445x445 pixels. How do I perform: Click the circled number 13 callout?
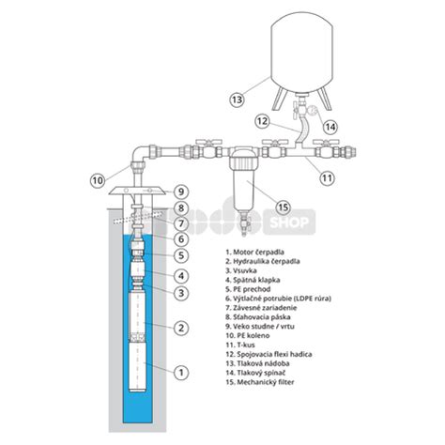(237, 100)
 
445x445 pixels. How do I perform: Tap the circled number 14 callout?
(330, 127)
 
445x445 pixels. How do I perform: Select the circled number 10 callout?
(98, 180)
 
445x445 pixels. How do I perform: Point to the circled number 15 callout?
(284, 207)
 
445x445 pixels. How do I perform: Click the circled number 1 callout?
(181, 373)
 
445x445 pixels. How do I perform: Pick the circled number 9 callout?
(181, 192)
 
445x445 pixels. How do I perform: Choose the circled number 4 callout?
(181, 276)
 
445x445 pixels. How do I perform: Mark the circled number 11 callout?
(327, 177)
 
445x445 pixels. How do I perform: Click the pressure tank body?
(301, 53)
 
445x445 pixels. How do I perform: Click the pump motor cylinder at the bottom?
(138, 367)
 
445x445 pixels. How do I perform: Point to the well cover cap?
(137, 191)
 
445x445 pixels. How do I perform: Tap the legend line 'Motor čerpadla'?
(254, 252)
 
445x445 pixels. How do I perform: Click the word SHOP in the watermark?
(288, 222)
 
